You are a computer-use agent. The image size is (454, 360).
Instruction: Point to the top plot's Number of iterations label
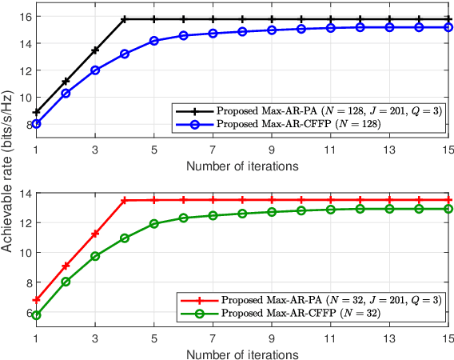pos(242,166)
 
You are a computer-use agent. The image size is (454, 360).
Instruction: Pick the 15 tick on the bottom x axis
pos(448,338)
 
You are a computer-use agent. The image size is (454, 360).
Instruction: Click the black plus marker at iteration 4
pos(125,19)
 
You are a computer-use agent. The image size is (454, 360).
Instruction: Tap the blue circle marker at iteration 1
pos(37,123)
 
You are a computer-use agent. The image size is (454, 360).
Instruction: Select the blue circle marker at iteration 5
pos(154,41)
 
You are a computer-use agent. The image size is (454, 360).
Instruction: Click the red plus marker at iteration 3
pos(95,234)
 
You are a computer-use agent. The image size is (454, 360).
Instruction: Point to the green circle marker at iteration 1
pos(37,315)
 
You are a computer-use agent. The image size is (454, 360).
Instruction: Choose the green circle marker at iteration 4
pos(125,238)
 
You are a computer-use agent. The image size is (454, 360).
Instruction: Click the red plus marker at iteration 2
pos(66,265)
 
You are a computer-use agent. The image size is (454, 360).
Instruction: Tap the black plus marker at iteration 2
pos(66,81)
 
